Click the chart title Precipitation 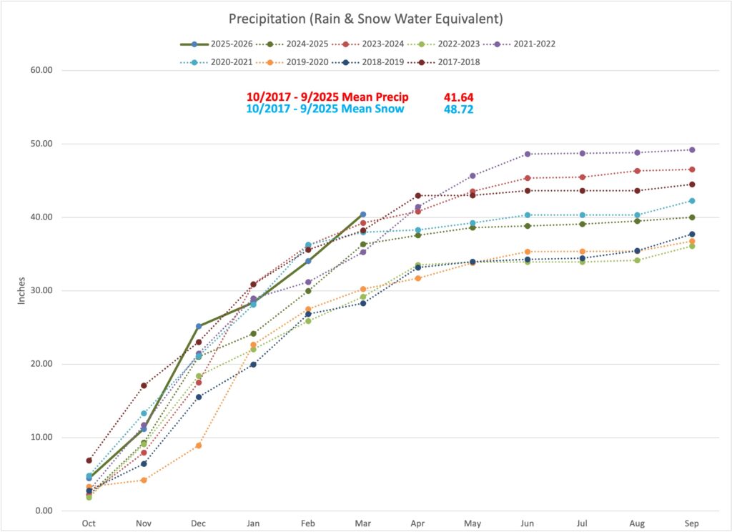pyautogui.click(x=365, y=17)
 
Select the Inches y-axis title pyautogui.click(x=21, y=290)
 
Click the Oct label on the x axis pyautogui.click(x=89, y=523)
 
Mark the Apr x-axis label pyautogui.click(x=417, y=523)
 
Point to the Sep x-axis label pyautogui.click(x=691, y=523)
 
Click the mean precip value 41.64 pyautogui.click(x=458, y=97)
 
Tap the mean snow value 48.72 pyautogui.click(x=458, y=109)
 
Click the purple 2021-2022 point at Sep pyautogui.click(x=692, y=149)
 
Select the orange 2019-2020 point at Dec pyautogui.click(x=199, y=445)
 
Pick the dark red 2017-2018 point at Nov pyautogui.click(x=144, y=385)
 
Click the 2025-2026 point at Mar pyautogui.click(x=363, y=215)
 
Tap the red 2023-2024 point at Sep pyautogui.click(x=692, y=169)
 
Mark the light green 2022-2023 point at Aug pyautogui.click(x=637, y=260)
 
